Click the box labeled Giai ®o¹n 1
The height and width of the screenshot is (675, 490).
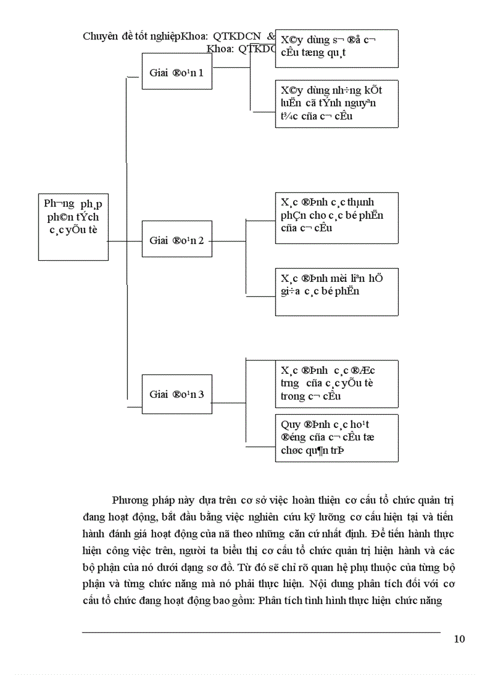pos(177,72)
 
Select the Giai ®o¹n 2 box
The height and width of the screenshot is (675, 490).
pos(177,240)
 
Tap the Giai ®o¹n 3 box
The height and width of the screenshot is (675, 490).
pos(177,394)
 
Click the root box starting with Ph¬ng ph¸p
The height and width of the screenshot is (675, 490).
pos(73,227)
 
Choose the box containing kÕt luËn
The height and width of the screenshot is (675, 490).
pos(336,103)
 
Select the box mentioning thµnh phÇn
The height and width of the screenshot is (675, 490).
pos(336,218)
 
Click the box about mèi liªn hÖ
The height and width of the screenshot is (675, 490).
pos(336,292)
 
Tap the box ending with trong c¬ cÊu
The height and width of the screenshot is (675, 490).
pos(336,383)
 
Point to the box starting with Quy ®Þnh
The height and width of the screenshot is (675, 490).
pos(336,438)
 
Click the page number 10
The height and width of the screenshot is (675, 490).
pos(459,639)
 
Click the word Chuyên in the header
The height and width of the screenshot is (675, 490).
pos(100,36)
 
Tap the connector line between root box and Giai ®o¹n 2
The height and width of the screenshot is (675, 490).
pos(125,241)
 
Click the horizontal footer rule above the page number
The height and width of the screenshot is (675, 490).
pos(261,632)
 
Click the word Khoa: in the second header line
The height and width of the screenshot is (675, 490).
pos(220,49)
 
